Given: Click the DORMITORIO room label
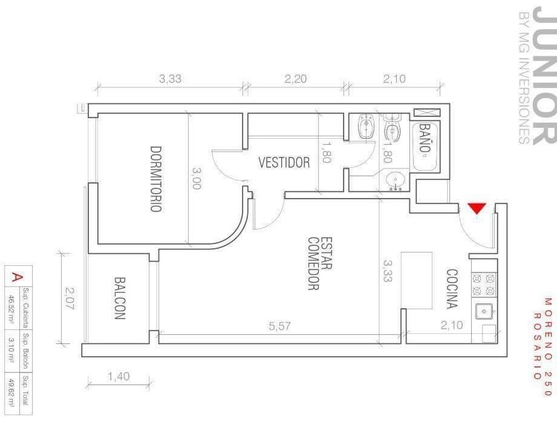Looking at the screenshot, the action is click(x=156, y=179).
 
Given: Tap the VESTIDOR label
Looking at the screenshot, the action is click(x=284, y=162).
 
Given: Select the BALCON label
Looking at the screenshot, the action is click(x=120, y=299).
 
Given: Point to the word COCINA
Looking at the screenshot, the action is click(x=452, y=289).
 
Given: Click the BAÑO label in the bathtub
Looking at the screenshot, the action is click(x=425, y=137).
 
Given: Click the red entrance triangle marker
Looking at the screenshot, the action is click(x=477, y=208).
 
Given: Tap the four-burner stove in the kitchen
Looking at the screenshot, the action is click(x=483, y=285).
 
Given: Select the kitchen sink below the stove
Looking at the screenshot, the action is click(x=484, y=311).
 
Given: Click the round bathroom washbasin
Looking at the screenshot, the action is click(x=395, y=180).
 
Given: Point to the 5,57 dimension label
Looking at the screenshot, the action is click(x=279, y=326).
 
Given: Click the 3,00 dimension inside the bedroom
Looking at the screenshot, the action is click(x=197, y=178).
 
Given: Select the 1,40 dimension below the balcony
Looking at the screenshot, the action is click(x=119, y=376).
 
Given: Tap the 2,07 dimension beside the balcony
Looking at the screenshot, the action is click(x=70, y=298).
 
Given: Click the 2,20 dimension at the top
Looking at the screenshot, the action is click(x=295, y=79).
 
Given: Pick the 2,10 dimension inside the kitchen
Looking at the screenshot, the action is click(x=452, y=325).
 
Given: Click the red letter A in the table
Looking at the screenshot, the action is click(x=15, y=277).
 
